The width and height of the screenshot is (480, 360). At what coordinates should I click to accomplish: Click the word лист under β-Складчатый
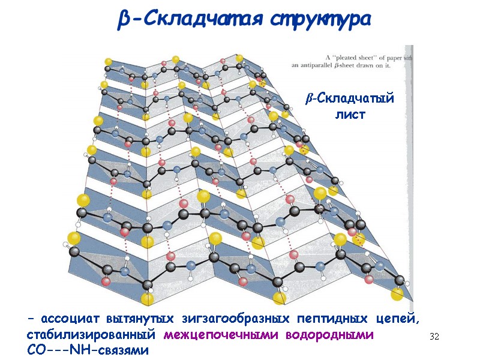click(x=350, y=114)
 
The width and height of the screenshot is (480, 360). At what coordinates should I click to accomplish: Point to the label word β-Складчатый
click(x=349, y=98)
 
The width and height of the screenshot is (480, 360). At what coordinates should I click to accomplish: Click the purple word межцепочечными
click(x=220, y=334)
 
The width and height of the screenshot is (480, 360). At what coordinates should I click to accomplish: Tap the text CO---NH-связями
click(x=87, y=349)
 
